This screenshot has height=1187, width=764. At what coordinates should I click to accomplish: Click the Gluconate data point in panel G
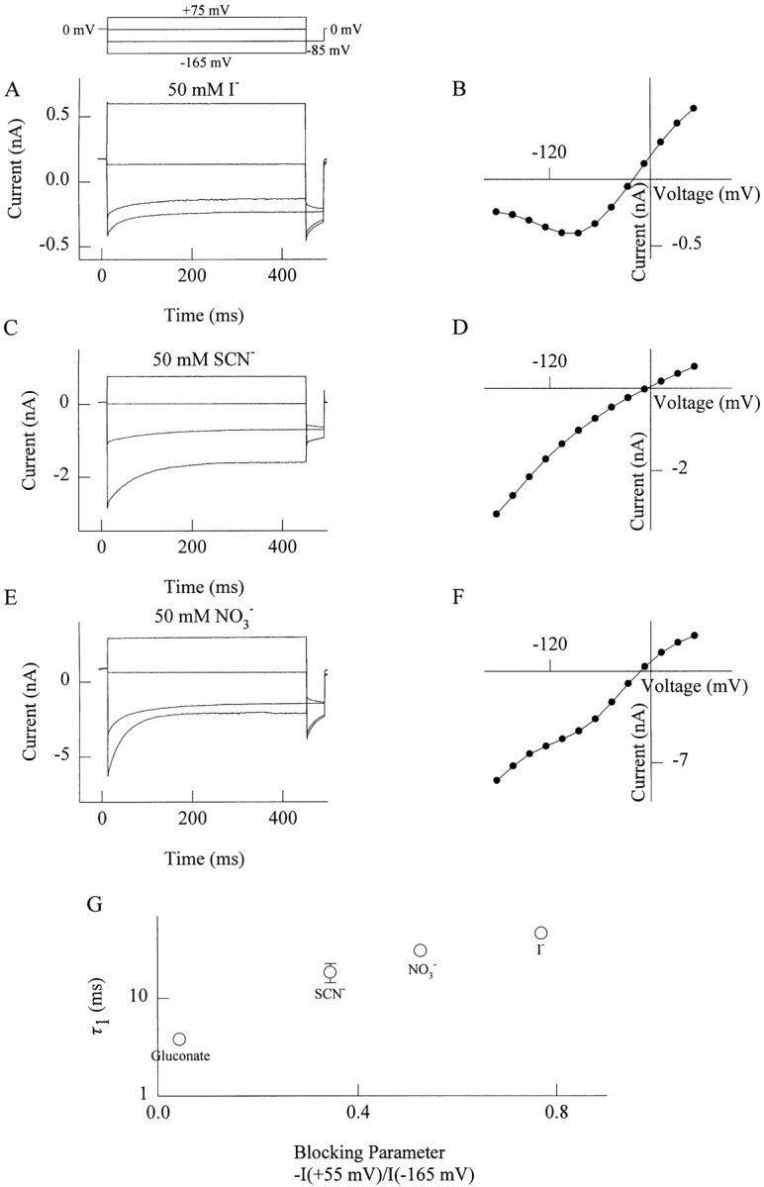[179, 1039]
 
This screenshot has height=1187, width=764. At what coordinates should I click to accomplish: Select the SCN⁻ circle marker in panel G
[331, 972]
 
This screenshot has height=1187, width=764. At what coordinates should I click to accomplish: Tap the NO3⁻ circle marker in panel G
[420, 950]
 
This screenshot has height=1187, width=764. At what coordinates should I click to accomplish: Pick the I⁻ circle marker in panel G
[540, 933]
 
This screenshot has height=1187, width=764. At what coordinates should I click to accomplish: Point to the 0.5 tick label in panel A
[63, 116]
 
